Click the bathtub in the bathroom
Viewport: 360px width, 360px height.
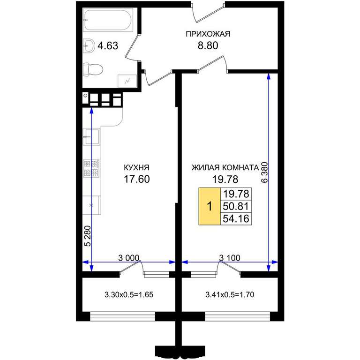click(108, 20)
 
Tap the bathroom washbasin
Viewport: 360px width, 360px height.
click(89, 45)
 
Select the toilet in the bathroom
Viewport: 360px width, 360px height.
click(92, 69)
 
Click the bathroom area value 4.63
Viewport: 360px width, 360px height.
click(108, 45)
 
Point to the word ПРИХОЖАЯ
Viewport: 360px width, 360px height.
click(208, 34)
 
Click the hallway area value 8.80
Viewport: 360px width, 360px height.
click(208, 45)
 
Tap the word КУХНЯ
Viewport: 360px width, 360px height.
click(136, 167)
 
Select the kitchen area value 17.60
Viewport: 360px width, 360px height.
click(137, 179)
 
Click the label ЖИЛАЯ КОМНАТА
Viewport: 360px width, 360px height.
click(225, 168)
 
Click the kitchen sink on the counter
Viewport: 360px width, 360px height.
click(91, 136)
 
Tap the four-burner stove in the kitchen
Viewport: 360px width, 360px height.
click(91, 168)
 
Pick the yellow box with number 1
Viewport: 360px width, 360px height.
click(210, 206)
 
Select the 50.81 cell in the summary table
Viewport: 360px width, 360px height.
click(236, 206)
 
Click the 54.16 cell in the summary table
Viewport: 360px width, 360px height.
click(236, 218)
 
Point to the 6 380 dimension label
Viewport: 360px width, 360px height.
click(264, 172)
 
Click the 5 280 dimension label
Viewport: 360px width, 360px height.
click(88, 236)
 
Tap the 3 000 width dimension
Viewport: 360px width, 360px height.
click(129, 258)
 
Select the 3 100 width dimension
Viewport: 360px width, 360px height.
click(230, 258)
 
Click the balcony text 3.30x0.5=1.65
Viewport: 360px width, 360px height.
click(129, 294)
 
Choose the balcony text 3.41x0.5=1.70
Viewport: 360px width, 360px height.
click(230, 294)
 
